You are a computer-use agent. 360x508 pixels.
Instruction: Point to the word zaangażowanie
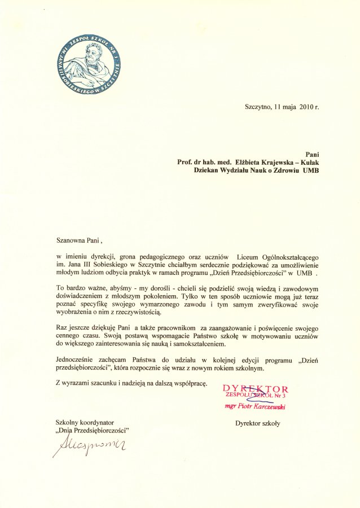[x=227, y=327]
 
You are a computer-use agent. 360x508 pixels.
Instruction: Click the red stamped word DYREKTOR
[x=256, y=389]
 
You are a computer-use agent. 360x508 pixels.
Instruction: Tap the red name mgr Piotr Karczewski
[x=256, y=405]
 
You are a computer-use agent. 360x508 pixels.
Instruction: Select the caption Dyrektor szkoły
[x=257, y=423]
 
